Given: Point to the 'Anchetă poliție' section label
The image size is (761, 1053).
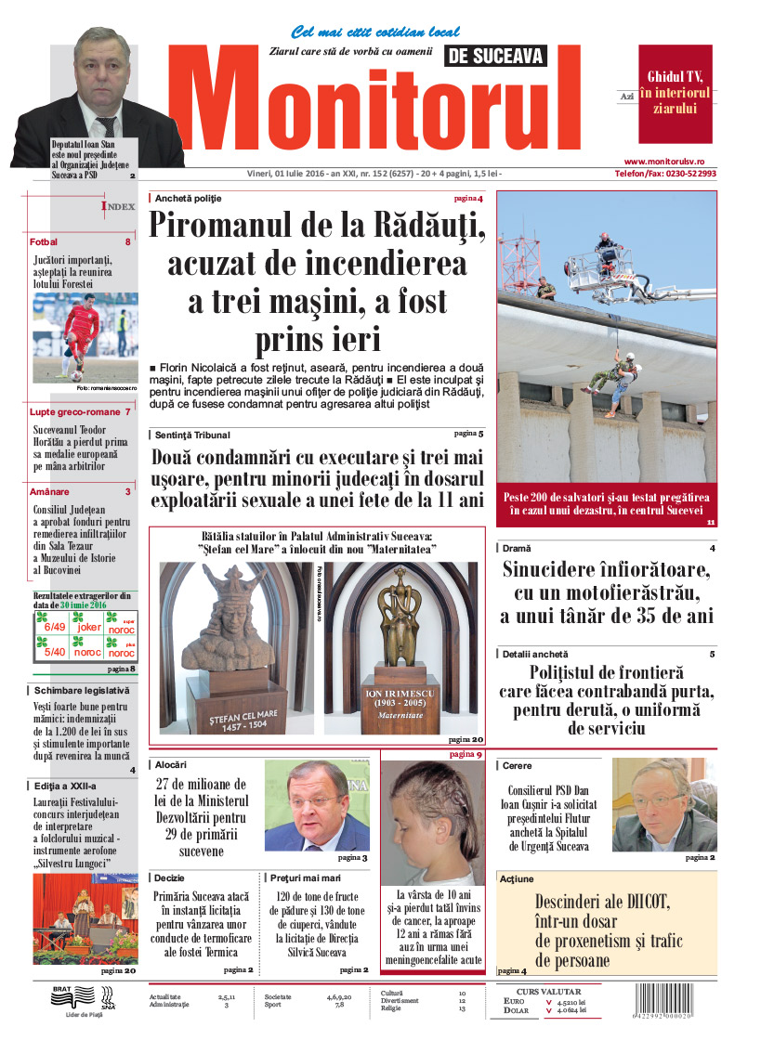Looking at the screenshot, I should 189,199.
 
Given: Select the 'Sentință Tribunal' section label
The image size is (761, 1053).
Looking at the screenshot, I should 192,435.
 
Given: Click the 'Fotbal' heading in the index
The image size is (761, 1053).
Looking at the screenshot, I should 44,242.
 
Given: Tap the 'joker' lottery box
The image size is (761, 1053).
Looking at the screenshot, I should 89,627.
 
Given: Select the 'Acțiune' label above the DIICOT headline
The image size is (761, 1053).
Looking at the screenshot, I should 517,878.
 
